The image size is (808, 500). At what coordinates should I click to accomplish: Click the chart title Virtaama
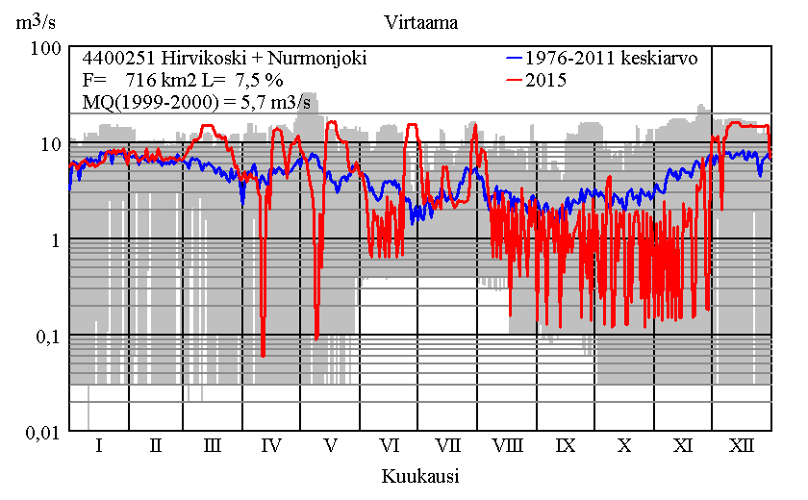click(x=419, y=21)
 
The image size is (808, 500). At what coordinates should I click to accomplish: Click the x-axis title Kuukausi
click(x=419, y=476)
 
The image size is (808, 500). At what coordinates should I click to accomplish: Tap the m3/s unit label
click(x=36, y=21)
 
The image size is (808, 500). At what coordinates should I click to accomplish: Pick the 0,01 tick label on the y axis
click(x=44, y=433)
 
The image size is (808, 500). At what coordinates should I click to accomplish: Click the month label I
click(x=98, y=446)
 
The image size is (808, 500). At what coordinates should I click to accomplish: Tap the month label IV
click(x=271, y=446)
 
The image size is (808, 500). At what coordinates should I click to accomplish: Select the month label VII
click(x=448, y=446)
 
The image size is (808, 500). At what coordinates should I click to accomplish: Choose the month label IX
click(x=566, y=446)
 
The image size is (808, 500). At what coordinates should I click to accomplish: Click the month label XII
click(x=742, y=446)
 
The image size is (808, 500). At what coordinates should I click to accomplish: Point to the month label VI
click(x=389, y=446)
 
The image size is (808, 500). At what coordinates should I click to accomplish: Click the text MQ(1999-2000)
click(x=139, y=103)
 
